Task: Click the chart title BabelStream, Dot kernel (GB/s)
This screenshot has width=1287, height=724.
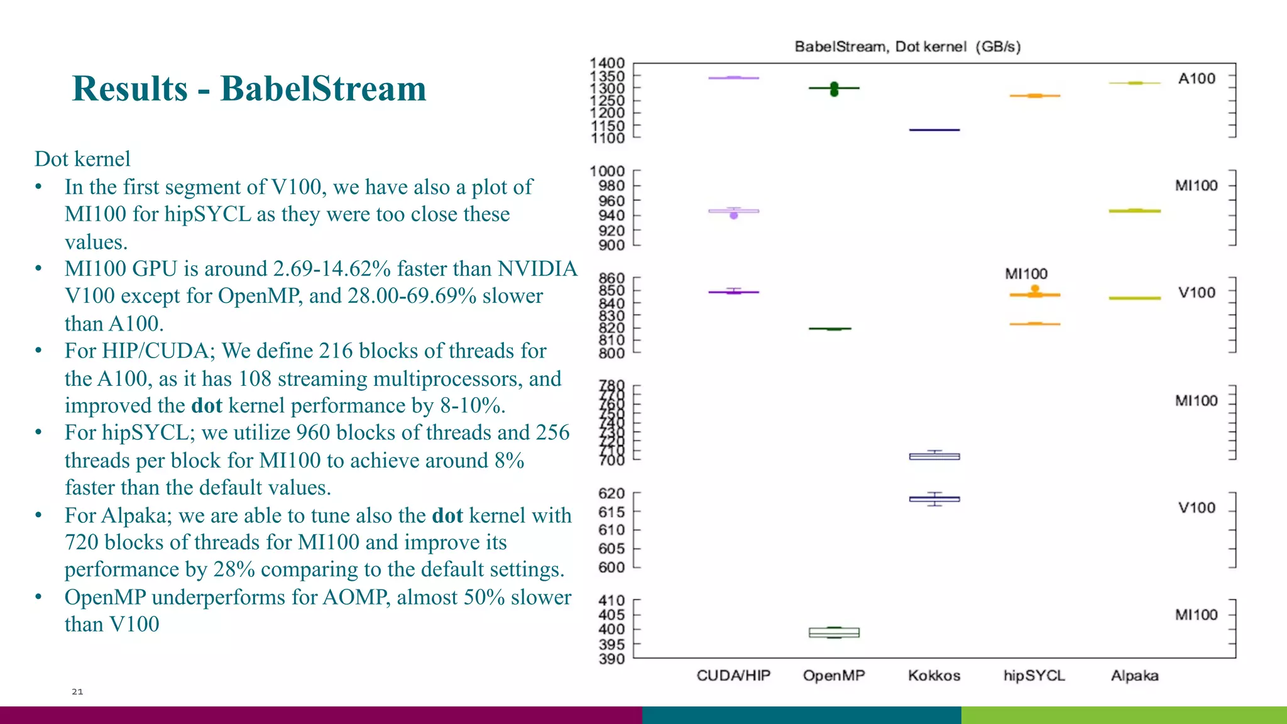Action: [907, 47]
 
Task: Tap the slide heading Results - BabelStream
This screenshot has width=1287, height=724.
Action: [249, 88]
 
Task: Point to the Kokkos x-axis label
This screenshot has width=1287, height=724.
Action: [934, 676]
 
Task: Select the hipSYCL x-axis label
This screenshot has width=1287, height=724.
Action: [1034, 676]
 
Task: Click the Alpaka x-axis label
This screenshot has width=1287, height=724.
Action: [1134, 676]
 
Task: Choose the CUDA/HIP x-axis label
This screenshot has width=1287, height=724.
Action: [733, 676]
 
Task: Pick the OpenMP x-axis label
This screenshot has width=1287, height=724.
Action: [834, 676]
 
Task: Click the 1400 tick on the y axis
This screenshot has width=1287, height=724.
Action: [607, 63]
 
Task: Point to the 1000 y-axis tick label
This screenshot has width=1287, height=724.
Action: [607, 171]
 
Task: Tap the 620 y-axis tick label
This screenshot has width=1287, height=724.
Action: [611, 493]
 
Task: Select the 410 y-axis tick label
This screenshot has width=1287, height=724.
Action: [611, 600]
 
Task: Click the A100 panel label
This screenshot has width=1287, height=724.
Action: [1197, 79]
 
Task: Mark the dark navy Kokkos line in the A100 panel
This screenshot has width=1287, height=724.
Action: [934, 130]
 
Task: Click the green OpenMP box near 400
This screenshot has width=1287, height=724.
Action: [834, 632]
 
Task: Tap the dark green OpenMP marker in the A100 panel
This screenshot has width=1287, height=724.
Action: [834, 89]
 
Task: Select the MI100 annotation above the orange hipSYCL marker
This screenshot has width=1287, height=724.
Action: [1026, 274]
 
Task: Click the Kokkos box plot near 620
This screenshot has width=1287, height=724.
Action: [934, 499]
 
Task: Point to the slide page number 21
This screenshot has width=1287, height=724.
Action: [77, 691]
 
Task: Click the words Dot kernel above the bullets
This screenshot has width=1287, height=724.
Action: [82, 159]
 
